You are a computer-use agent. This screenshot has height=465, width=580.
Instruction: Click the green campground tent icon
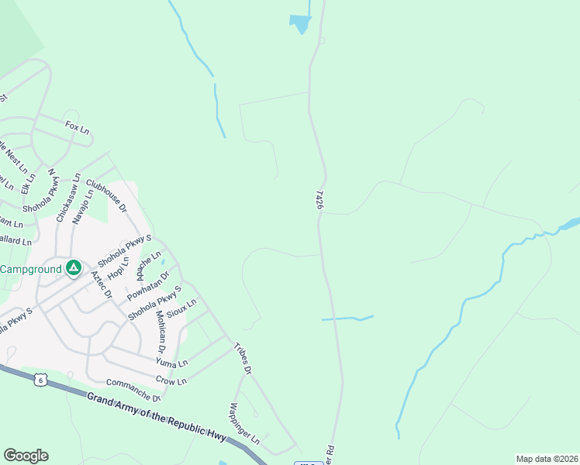click(74, 268)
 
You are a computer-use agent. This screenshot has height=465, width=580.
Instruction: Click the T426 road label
click(319, 199)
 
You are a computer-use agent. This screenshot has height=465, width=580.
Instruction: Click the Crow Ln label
click(171, 381)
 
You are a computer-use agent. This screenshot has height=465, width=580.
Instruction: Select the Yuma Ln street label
click(171, 362)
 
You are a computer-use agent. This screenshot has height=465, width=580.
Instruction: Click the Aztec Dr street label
click(101, 285)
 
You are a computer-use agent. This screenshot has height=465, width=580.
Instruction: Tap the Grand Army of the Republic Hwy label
click(156, 418)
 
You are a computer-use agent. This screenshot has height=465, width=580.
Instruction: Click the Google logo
click(26, 456)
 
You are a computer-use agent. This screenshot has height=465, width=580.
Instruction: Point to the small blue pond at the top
click(299, 23)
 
